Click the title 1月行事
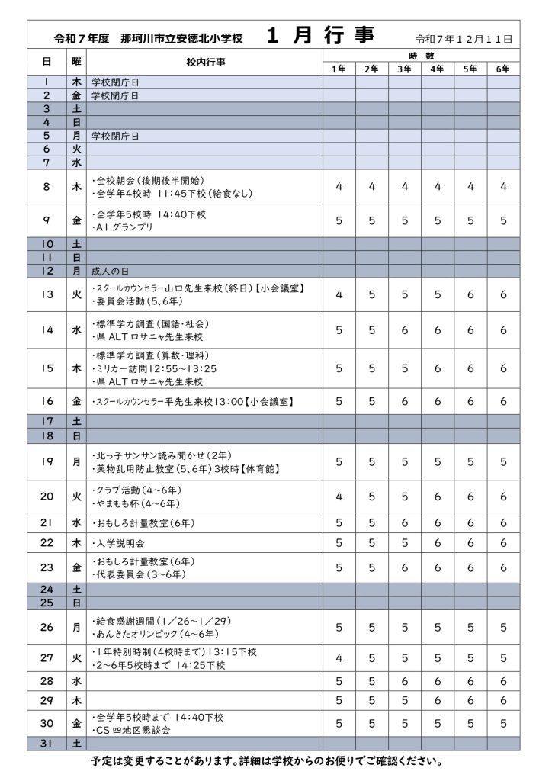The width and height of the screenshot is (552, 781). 330,36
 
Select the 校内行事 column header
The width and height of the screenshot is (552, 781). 205,62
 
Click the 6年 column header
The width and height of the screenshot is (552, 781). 502,69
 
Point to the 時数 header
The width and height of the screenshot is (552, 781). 420,56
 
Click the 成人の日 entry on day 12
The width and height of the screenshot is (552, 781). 111,271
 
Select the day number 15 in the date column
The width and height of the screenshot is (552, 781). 47,368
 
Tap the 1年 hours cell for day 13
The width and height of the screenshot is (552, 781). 339,294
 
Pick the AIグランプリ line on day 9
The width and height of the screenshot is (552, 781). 122,227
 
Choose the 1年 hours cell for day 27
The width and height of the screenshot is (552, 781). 339,657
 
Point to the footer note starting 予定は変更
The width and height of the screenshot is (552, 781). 276,761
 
